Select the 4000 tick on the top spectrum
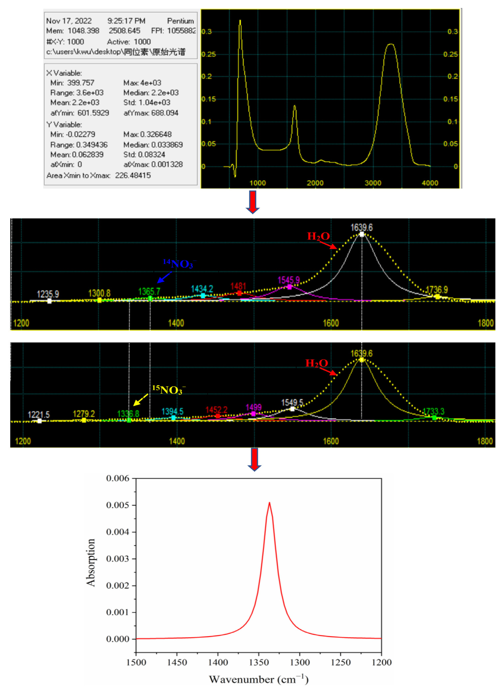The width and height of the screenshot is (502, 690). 430,183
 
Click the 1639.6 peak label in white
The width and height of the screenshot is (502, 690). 361,228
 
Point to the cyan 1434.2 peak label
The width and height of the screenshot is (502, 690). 202,289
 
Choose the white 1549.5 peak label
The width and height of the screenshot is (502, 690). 292,403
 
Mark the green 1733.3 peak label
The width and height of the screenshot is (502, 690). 434,411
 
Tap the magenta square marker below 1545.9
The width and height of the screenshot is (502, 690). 289,287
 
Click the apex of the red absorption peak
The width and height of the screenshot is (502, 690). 269,503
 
